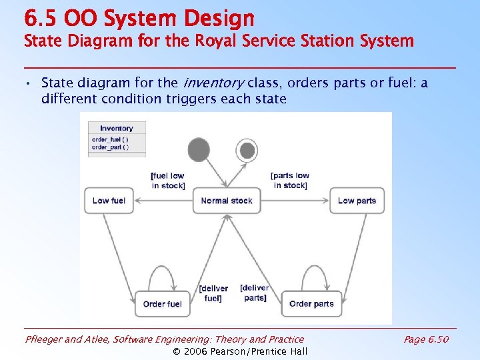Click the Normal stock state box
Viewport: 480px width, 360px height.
(227, 201)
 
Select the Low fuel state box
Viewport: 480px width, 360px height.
(109, 201)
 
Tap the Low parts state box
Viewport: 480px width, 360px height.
(357, 201)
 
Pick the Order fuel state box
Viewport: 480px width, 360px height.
(162, 304)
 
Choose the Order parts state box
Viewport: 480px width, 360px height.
(311, 304)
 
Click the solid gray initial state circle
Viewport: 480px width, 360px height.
(199, 149)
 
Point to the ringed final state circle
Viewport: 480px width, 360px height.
(247, 150)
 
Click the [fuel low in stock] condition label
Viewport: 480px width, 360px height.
(167, 181)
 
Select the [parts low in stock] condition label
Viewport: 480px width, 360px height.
(290, 180)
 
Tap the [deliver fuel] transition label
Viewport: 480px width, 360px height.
(213, 293)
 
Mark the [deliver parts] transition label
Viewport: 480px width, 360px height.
(255, 293)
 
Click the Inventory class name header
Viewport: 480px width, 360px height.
(117, 128)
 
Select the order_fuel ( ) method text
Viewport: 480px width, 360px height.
(110, 139)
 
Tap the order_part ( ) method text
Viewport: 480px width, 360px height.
(110, 147)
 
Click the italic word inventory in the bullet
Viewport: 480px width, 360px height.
(213, 83)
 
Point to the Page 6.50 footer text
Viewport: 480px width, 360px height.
(426, 339)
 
